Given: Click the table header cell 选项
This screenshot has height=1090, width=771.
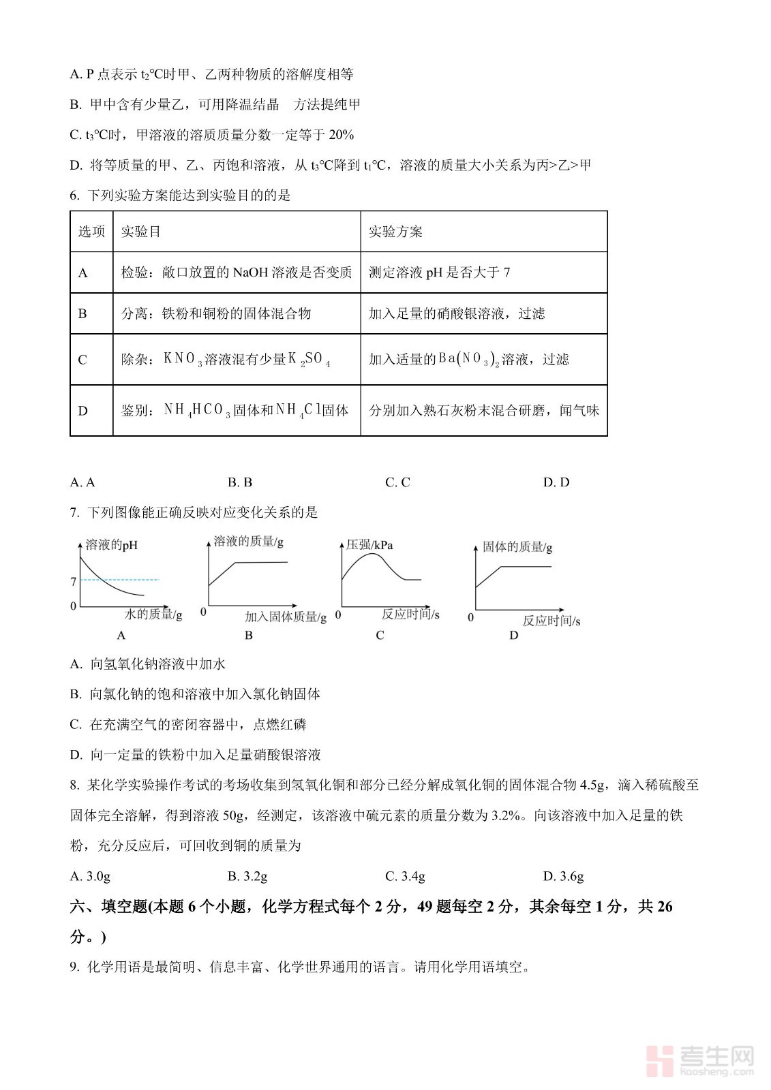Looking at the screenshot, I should click(x=91, y=232).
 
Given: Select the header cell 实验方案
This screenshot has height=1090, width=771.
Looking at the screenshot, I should click(x=395, y=232).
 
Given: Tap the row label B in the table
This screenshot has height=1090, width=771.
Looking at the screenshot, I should click(x=82, y=313).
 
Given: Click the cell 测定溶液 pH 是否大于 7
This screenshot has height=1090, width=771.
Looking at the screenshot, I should click(x=439, y=272).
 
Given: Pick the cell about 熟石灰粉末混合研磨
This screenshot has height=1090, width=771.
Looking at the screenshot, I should click(x=483, y=410).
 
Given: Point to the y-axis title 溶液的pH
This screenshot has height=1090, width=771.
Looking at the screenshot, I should click(x=111, y=545).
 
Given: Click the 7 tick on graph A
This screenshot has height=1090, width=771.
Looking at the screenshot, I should click(x=74, y=582).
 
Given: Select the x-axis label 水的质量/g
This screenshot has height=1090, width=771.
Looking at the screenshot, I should click(x=153, y=614).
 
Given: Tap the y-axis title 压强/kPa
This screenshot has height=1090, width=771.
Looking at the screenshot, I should click(x=369, y=545).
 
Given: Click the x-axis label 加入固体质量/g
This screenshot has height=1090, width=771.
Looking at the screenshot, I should click(x=286, y=617).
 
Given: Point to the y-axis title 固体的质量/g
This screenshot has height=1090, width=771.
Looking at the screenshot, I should click(x=517, y=546).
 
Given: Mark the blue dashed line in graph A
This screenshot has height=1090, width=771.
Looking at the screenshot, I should click(x=130, y=580).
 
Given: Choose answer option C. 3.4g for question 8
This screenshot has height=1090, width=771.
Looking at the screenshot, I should click(x=405, y=876).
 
